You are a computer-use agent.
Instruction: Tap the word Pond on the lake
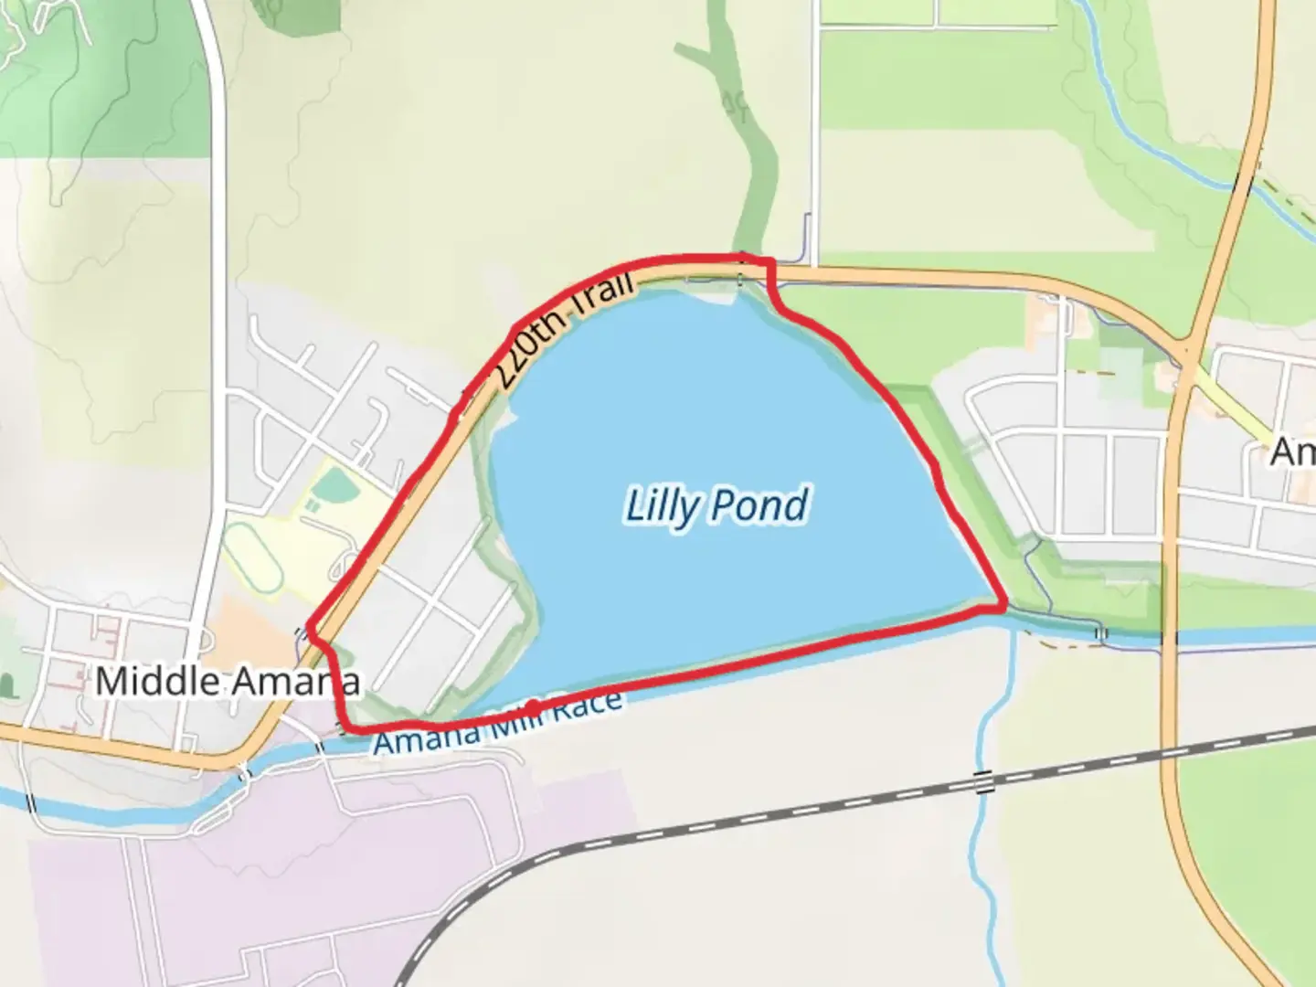point(764,504)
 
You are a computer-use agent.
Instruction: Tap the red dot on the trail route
point(532,707)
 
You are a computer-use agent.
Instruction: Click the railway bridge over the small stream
point(983,782)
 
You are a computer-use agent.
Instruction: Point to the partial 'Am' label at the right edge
point(1293,452)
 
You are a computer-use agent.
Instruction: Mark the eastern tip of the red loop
point(1004,605)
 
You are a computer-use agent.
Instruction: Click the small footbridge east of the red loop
point(1102,632)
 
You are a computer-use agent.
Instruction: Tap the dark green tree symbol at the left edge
point(6,683)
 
